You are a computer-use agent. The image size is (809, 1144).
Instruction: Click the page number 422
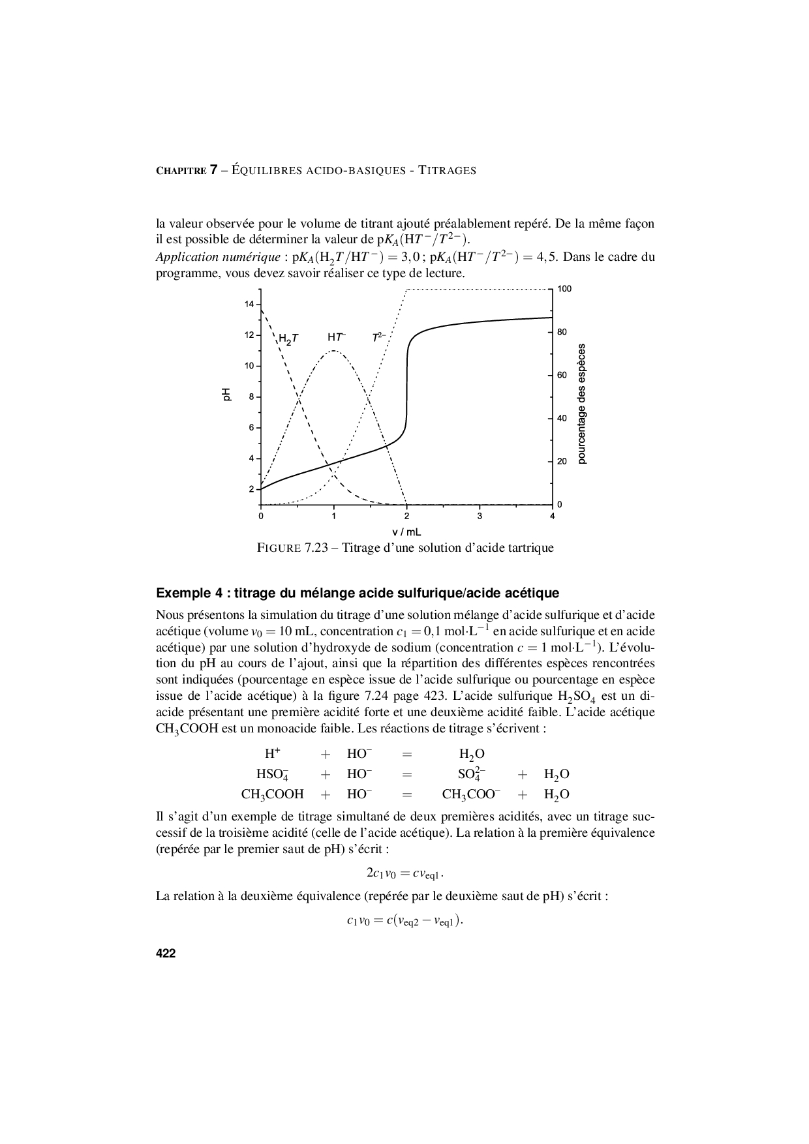tap(166, 954)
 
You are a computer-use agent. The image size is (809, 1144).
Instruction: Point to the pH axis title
tap(226, 394)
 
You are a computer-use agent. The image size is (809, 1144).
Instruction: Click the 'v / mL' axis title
tap(406, 532)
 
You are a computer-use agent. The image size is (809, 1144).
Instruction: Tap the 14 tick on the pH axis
tap(249, 304)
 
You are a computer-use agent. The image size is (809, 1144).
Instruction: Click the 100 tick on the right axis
tap(564, 288)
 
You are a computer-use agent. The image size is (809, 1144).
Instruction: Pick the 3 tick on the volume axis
tap(480, 516)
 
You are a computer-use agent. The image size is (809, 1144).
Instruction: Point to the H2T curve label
tap(288, 339)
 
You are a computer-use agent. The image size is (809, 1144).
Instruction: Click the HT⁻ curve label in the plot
tap(337, 337)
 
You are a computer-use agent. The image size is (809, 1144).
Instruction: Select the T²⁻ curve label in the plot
tap(379, 337)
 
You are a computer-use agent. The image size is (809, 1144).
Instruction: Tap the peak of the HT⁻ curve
tap(333, 351)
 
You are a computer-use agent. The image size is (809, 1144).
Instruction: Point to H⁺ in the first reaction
tap(272, 753)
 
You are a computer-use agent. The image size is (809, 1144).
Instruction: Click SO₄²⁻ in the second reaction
tap(472, 774)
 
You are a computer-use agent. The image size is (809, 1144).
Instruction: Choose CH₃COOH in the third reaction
tap(272, 794)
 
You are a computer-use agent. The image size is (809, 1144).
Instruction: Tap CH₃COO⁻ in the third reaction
tap(471, 794)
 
